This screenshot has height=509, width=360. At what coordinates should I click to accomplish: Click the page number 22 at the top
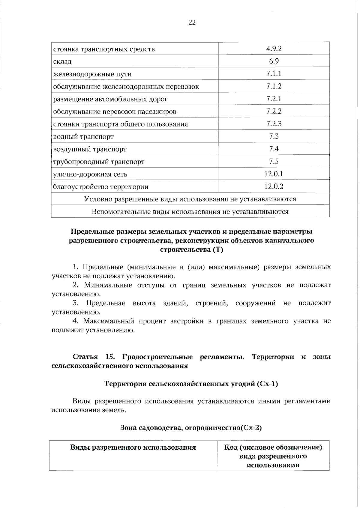point(192,22)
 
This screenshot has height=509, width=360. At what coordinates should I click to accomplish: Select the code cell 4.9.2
point(274,49)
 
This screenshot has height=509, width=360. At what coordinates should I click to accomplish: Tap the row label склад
point(62,62)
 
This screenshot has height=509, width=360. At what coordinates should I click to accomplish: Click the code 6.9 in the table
point(274,61)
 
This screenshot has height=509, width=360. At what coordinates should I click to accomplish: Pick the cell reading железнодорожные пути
point(92,74)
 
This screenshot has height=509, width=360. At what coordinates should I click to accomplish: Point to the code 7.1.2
point(274,86)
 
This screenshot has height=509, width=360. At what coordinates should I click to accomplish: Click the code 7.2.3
point(274,124)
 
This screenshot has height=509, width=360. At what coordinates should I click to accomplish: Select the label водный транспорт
point(83,137)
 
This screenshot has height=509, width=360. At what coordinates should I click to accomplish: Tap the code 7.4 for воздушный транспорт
point(274,149)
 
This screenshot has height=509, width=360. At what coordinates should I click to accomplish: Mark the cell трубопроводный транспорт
point(99,162)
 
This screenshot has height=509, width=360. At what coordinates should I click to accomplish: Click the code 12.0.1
point(274,174)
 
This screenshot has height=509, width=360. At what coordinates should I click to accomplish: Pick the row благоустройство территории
point(100,187)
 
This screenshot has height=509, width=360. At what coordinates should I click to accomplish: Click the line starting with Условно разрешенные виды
point(190,199)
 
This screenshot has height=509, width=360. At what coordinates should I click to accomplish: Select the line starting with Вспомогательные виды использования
point(190,212)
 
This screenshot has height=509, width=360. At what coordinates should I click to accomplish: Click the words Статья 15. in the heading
point(94,357)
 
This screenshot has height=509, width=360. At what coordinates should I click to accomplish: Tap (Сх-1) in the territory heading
point(267,384)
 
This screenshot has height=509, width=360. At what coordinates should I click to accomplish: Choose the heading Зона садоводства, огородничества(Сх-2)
point(191,428)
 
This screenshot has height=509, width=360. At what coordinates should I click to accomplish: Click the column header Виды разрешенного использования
point(133,448)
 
